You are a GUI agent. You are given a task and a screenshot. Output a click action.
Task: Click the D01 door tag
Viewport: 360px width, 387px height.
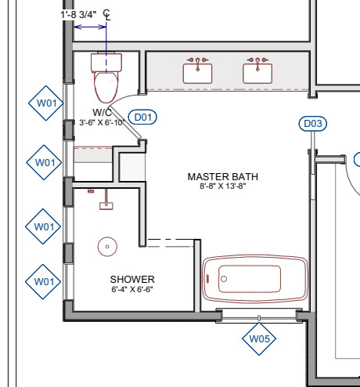[x=142, y=117]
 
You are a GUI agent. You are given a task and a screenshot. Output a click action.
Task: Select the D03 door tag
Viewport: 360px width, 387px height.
[x=313, y=124]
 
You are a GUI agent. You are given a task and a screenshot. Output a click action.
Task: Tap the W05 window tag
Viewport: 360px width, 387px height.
[x=259, y=339]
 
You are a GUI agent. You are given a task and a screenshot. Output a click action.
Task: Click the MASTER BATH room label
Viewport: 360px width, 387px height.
[x=223, y=177]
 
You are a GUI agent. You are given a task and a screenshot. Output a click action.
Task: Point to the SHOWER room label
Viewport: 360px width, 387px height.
[x=132, y=280]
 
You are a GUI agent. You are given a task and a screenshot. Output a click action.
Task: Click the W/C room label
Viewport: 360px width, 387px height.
[x=102, y=113]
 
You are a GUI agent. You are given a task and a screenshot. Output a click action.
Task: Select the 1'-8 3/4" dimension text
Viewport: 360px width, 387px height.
[x=78, y=15]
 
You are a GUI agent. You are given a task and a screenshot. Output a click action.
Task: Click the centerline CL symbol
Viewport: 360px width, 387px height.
[x=107, y=15]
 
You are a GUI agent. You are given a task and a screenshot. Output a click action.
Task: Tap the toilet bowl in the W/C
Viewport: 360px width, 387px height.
[x=106, y=87]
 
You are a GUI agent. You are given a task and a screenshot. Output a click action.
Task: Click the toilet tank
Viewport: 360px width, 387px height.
[x=106, y=62]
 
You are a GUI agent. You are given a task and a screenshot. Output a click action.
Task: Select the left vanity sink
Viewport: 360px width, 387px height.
[x=197, y=74]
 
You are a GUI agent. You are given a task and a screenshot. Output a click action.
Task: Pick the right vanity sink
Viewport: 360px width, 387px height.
[x=257, y=74]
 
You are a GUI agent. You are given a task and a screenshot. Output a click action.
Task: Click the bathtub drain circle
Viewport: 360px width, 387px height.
[x=224, y=279]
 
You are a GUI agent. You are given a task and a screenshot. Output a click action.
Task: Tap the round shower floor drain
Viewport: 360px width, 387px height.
[x=107, y=247]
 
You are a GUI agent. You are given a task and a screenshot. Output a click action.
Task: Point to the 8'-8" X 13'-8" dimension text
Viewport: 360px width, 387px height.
[x=223, y=186]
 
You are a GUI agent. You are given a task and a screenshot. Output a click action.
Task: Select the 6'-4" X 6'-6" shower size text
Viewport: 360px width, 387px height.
[x=132, y=289]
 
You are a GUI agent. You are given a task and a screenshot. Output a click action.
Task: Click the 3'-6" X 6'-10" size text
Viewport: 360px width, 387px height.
[x=102, y=122]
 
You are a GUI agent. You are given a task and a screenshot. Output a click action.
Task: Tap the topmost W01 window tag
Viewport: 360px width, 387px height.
[x=46, y=103]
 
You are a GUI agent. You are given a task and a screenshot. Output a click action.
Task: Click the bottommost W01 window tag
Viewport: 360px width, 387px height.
[x=43, y=282]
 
